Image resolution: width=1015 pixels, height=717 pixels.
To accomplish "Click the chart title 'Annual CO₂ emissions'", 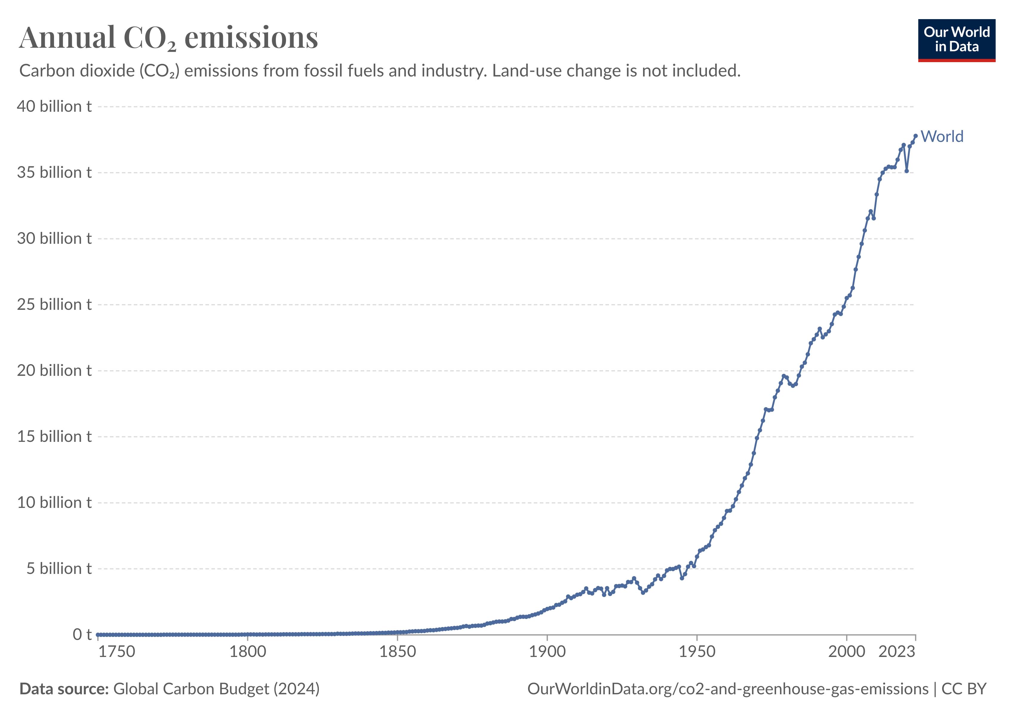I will (x=168, y=38).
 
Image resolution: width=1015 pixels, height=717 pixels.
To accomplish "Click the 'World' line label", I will (x=942, y=137).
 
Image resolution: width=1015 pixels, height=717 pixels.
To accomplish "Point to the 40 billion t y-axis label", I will (x=54, y=107).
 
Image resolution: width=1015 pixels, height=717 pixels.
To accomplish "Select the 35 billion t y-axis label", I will (x=54, y=172).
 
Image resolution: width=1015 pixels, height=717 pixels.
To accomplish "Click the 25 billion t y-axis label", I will (x=54, y=305).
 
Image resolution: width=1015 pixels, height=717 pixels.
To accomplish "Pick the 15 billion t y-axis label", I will (x=54, y=436).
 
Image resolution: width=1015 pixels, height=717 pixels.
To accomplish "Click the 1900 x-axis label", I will (x=547, y=652).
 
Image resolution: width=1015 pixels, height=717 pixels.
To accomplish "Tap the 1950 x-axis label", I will (x=697, y=652).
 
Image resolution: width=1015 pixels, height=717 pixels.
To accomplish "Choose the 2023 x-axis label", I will (x=896, y=652).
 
